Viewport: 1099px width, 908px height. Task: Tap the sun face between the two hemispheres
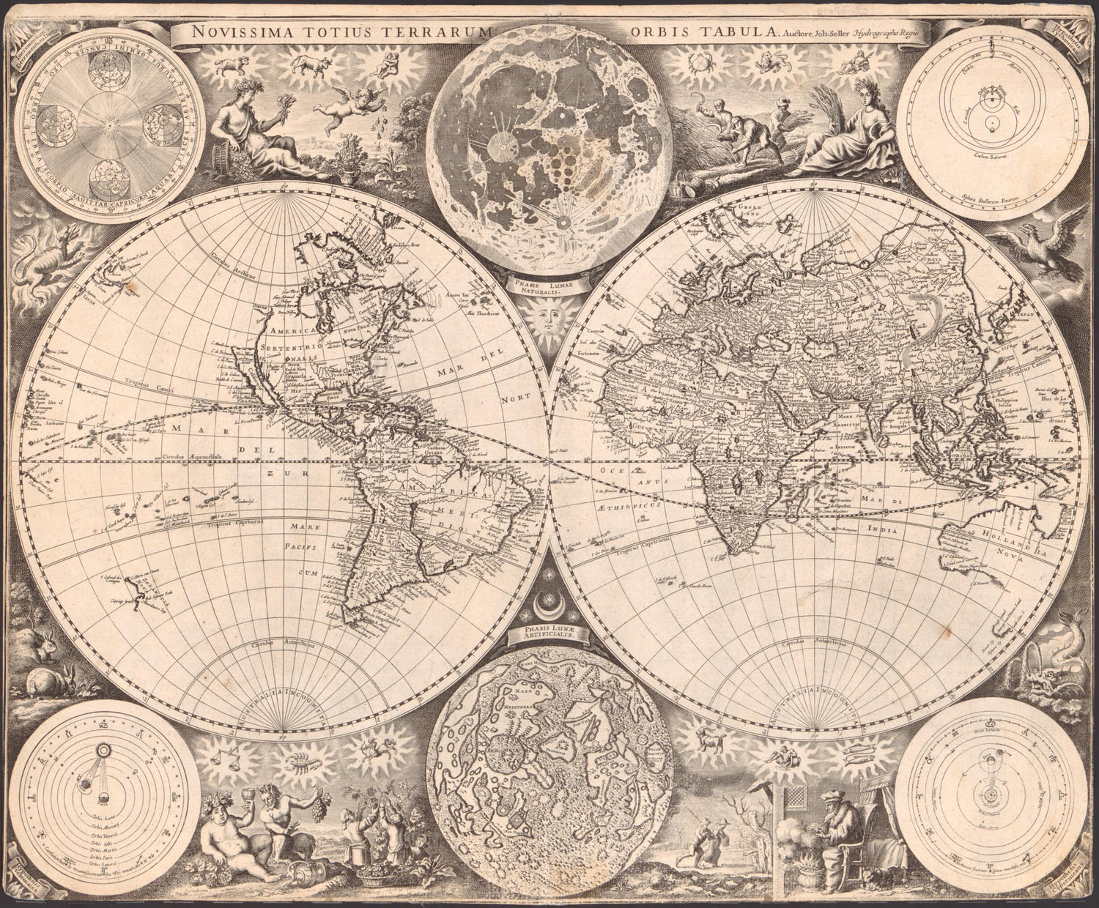pyautogui.click(x=549, y=320)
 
